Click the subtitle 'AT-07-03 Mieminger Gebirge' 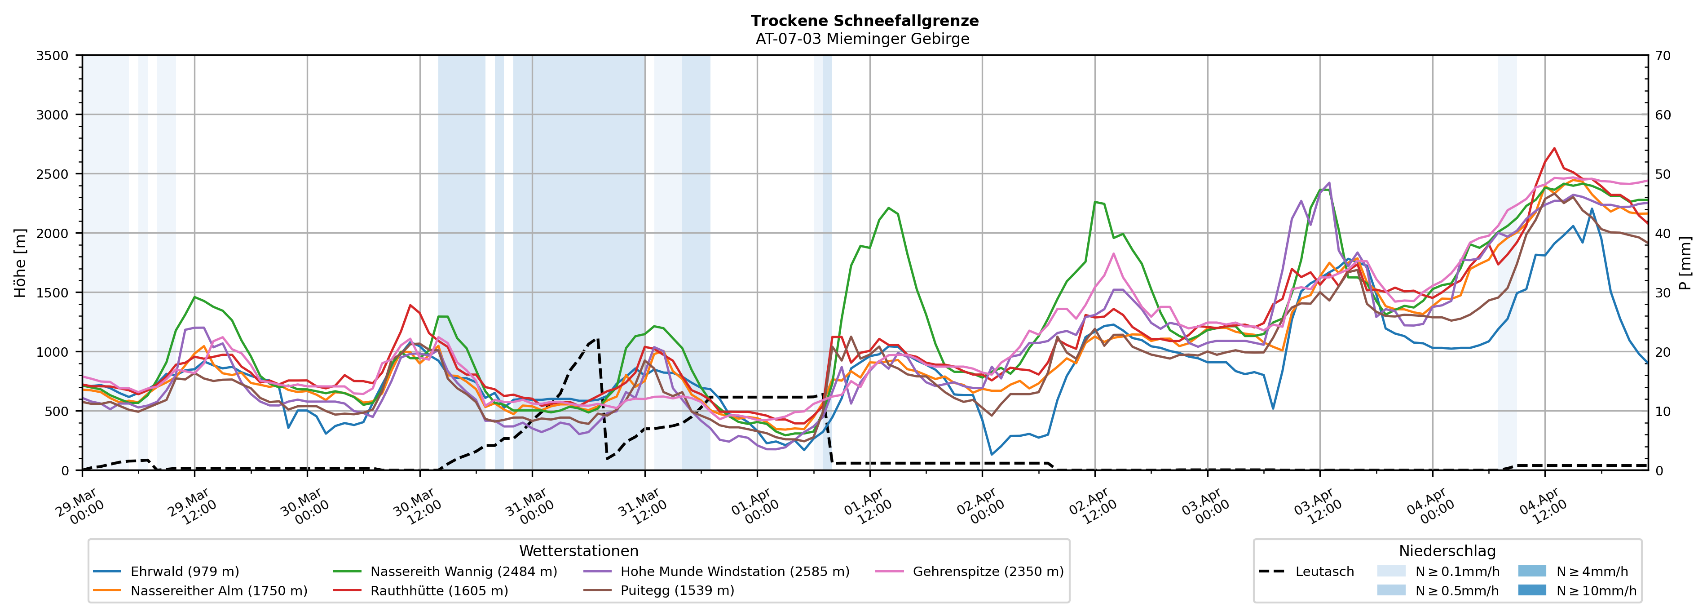[x=862, y=39]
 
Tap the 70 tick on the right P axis [x=1663, y=56]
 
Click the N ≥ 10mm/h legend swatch [x=1532, y=590]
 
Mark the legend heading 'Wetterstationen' [x=578, y=551]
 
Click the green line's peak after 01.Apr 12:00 [x=889, y=208]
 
